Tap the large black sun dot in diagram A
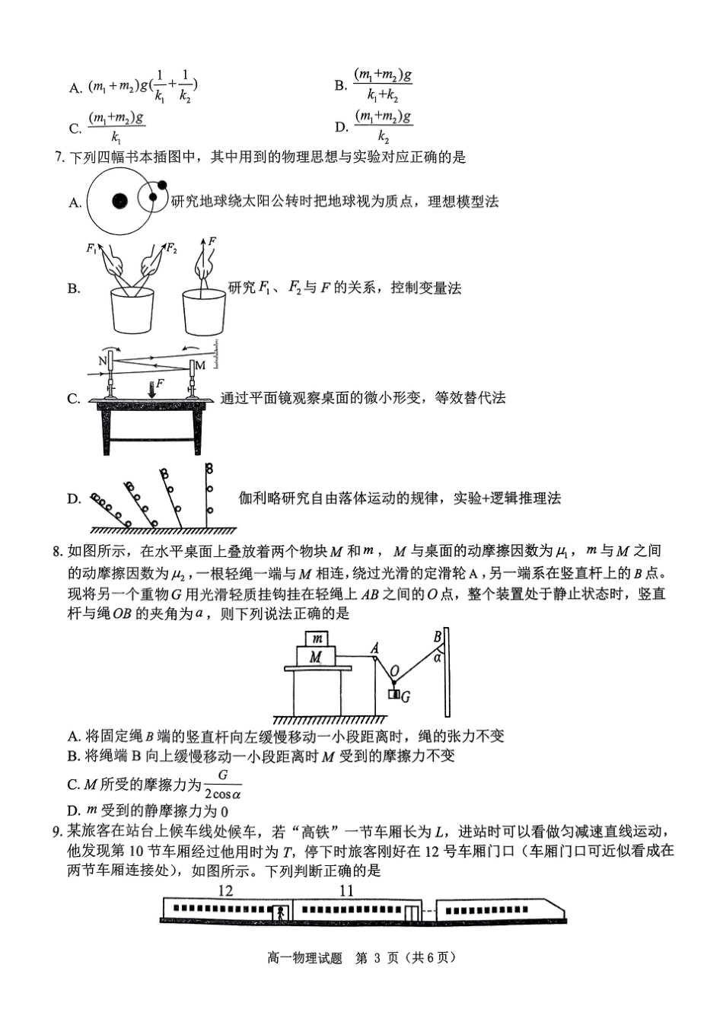pos(119,201)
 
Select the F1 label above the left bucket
pos(92,247)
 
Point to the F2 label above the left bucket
pos(171,247)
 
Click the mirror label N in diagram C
pos(102,361)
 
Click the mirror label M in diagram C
pos(200,365)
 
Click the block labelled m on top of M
pos(317,639)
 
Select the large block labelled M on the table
pos(315,656)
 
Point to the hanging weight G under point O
pos(394,694)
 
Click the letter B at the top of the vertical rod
pos(438,635)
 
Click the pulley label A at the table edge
pos(375,647)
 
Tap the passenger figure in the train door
pos(283,912)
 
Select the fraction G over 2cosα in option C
pos(223,784)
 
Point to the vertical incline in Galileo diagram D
pos(206,495)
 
